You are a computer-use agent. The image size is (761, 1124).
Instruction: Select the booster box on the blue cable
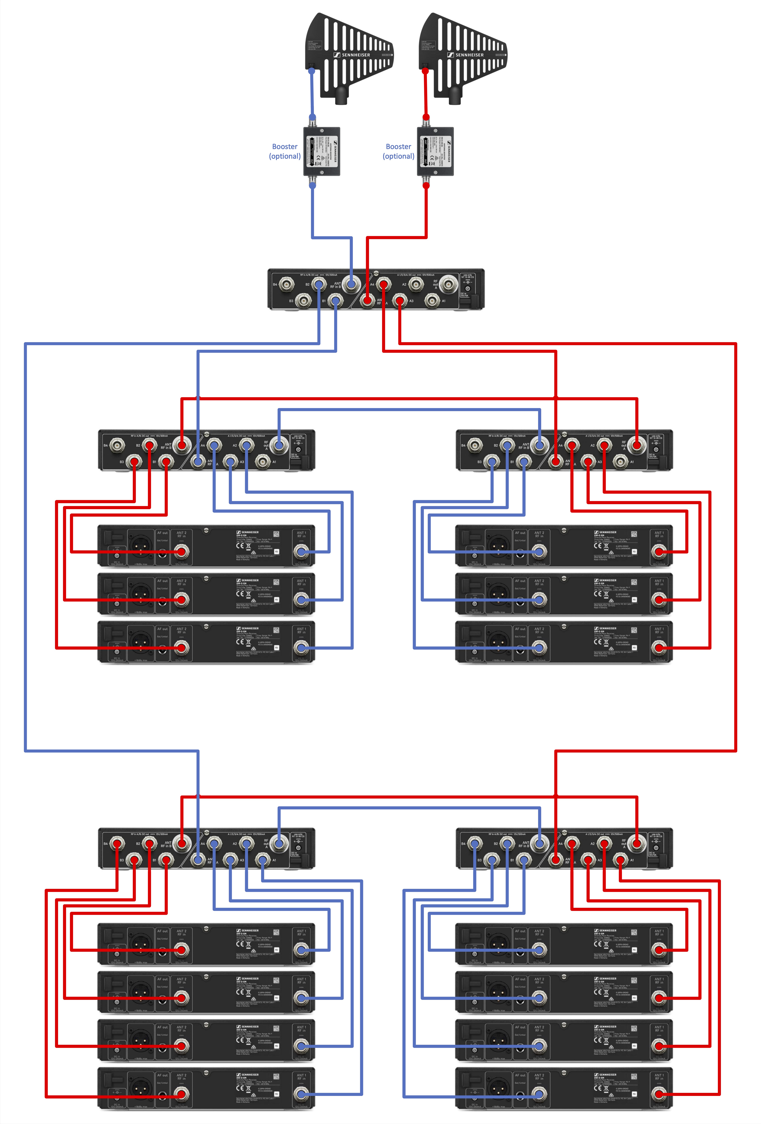click(322, 151)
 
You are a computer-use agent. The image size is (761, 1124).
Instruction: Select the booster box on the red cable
click(435, 151)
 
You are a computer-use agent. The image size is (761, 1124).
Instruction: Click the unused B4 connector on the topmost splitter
click(287, 284)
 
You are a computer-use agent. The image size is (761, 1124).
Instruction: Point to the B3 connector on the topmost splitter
click(303, 301)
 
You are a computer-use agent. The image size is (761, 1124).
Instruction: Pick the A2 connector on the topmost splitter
click(416, 284)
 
